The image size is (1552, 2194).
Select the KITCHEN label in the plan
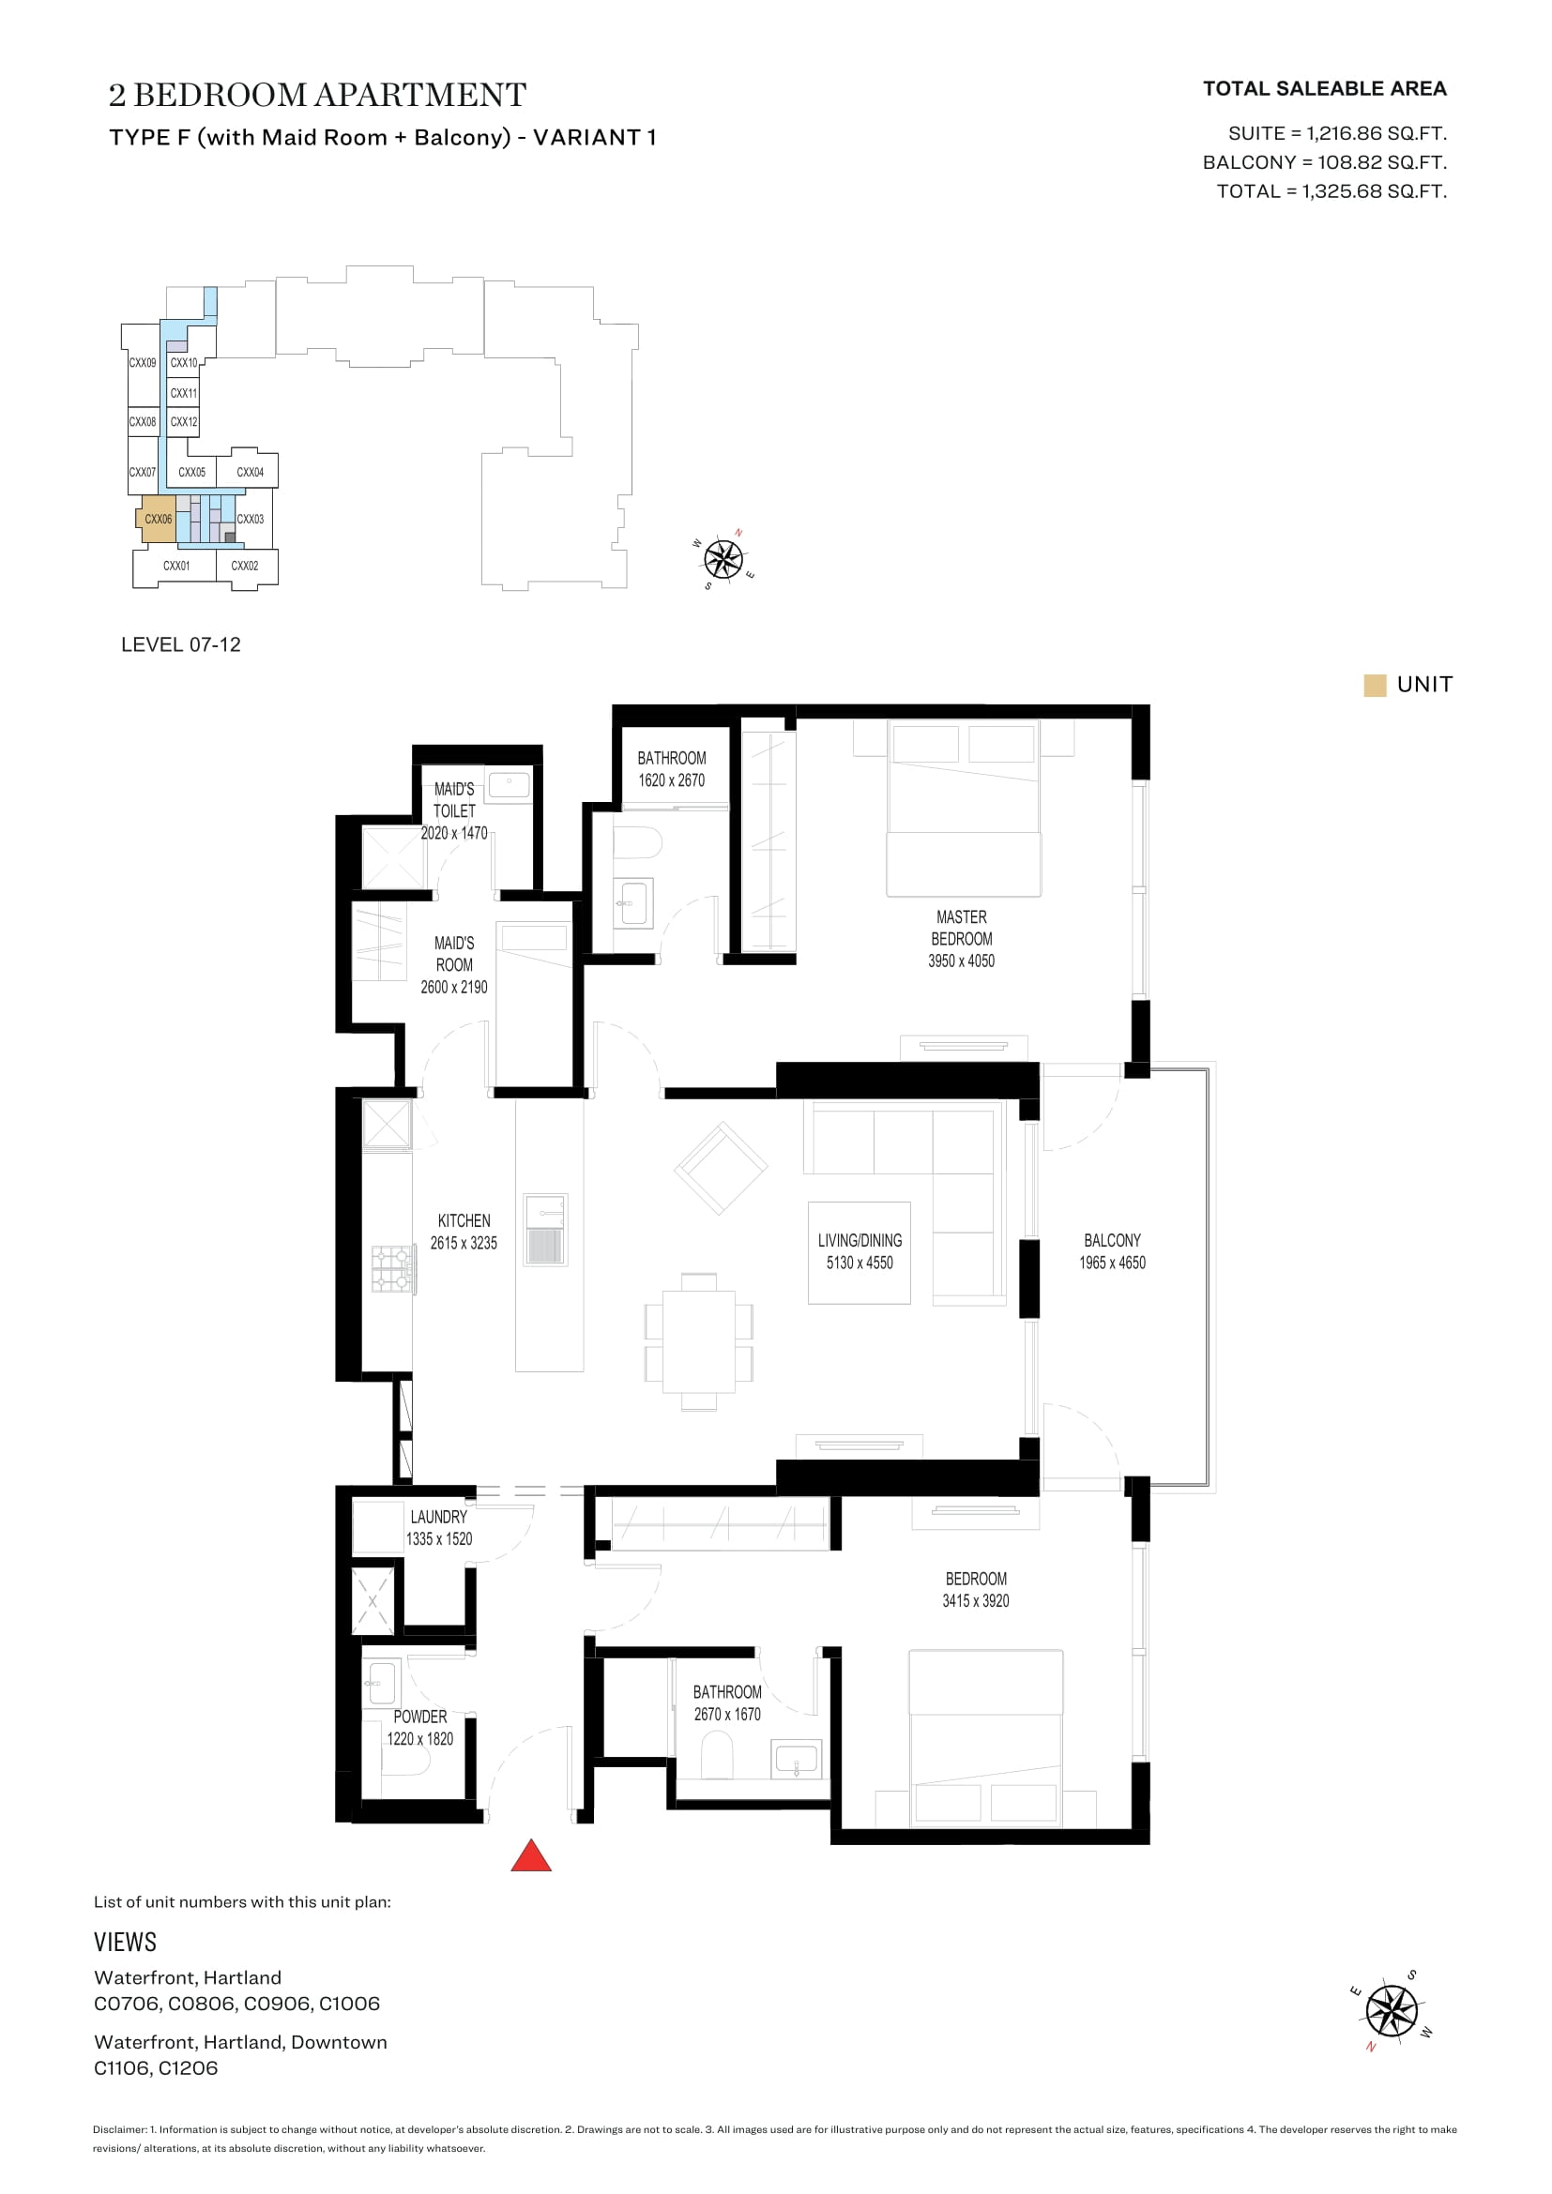pyautogui.click(x=464, y=1220)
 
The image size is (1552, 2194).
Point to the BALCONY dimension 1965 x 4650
pyautogui.click(x=1113, y=1263)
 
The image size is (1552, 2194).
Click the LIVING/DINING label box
pyautogui.click(x=860, y=1253)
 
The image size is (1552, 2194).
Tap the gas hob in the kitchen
pyautogui.click(x=393, y=1269)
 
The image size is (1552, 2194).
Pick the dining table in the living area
pyautogui.click(x=699, y=1341)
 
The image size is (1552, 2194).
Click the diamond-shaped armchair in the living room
pyautogui.click(x=722, y=1168)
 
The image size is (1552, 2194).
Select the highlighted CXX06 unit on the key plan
pyautogui.click(x=158, y=519)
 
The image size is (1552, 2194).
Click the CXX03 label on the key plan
pyautogui.click(x=251, y=519)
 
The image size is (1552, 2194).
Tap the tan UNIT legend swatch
pyautogui.click(x=1375, y=685)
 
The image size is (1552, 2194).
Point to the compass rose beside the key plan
pyautogui.click(x=723, y=559)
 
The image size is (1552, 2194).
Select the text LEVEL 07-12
pyautogui.click(x=180, y=645)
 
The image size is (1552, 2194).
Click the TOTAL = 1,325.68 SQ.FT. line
pyautogui.click(x=1331, y=191)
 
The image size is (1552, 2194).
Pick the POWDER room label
pyautogui.click(x=419, y=1717)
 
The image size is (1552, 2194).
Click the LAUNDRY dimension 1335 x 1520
pyautogui.click(x=438, y=1538)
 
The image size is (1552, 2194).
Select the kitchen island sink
pyautogui.click(x=546, y=1230)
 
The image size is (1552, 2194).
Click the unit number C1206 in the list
pyautogui.click(x=188, y=2068)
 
